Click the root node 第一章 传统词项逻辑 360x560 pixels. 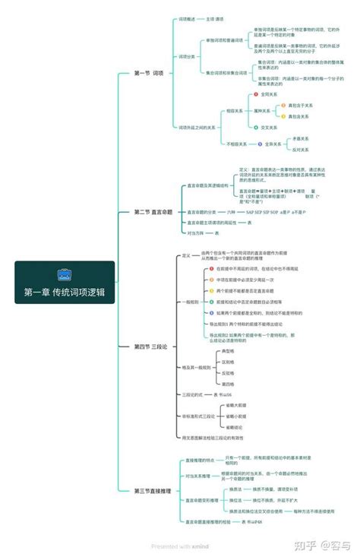[64, 292]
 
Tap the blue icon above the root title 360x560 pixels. [64, 274]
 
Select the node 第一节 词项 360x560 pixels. [149, 73]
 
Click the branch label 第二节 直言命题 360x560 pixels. [153, 212]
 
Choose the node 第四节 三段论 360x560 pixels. [150, 346]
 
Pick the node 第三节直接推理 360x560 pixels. [153, 492]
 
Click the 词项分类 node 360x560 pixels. [187, 56]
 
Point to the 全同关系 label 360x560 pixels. [272, 95]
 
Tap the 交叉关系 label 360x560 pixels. [272, 128]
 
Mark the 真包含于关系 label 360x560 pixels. [299, 106]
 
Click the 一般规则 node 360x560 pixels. [191, 302]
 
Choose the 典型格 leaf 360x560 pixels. [227, 352]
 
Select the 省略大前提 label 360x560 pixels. [236, 406]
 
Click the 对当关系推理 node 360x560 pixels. [197, 476]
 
